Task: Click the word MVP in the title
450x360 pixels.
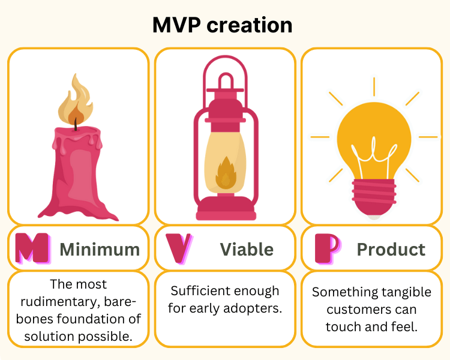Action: click(176, 25)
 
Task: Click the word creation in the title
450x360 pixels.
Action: click(250, 25)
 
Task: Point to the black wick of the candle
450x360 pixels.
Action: click(76, 124)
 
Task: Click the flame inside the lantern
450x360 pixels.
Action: click(226, 173)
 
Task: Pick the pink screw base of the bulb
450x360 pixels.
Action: click(374, 197)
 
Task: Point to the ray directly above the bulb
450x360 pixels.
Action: click(374, 86)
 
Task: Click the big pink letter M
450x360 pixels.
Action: click(32, 248)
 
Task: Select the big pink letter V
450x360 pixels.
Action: click(179, 248)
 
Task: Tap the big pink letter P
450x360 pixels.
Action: click(327, 248)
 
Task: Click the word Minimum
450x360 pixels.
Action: click(100, 249)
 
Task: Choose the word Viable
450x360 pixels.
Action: click(247, 249)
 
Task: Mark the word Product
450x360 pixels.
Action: click(391, 249)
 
